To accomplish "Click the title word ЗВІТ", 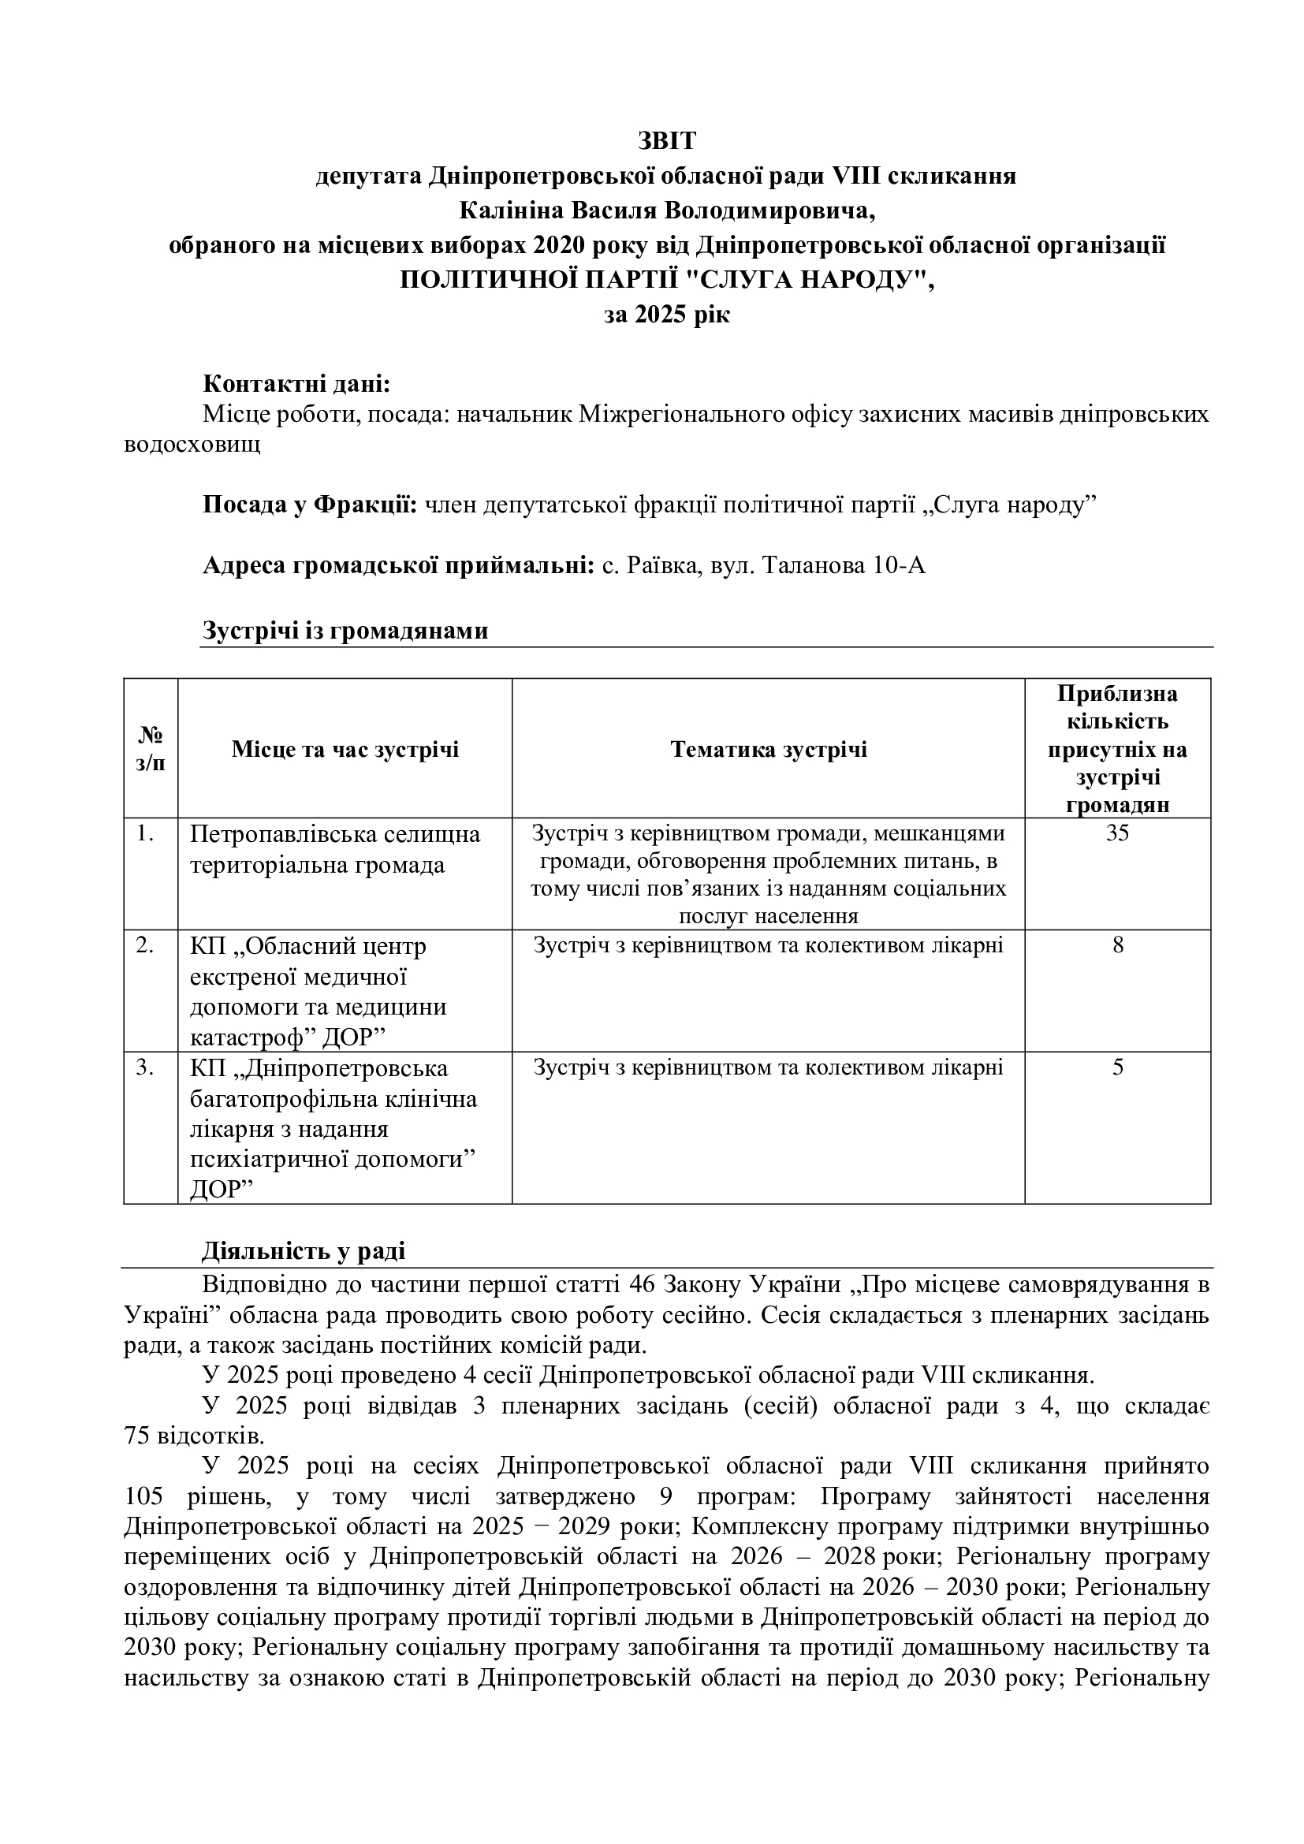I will pyautogui.click(x=666, y=140).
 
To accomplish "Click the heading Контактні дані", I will pyautogui.click(x=296, y=384).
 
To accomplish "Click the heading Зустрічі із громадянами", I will pyautogui.click(x=345, y=631).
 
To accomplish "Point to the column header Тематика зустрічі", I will pyautogui.click(x=769, y=749).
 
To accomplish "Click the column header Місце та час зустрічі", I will pyautogui.click(x=345, y=749).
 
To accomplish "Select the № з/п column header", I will pyautogui.click(x=151, y=749).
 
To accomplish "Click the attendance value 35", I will pyautogui.click(x=1117, y=833).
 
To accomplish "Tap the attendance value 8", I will pyautogui.click(x=1118, y=945).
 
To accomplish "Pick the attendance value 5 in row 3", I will pyautogui.click(x=1118, y=1067).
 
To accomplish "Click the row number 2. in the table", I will pyautogui.click(x=145, y=945).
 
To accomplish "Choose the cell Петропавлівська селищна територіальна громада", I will pyautogui.click(x=335, y=850).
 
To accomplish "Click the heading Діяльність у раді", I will pyautogui.click(x=304, y=1250).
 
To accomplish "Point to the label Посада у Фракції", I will pyautogui.click(x=310, y=505).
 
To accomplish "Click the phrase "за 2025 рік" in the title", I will pyautogui.click(x=666, y=314).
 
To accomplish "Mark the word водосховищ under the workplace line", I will pyautogui.click(x=192, y=444).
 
